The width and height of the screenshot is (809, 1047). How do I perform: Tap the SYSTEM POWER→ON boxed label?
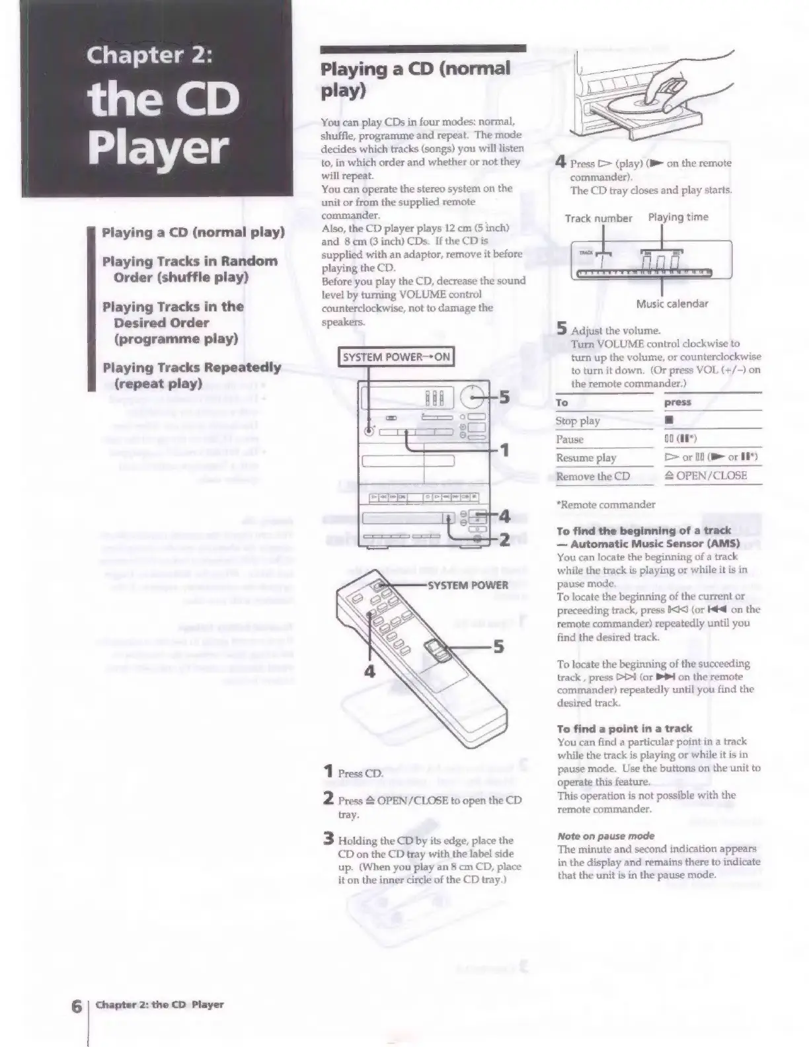[x=396, y=358]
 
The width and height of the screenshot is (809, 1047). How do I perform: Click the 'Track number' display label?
[x=598, y=219]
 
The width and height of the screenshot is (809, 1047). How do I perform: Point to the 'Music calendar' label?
[x=672, y=304]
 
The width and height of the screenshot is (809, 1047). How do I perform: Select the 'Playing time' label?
[x=677, y=217]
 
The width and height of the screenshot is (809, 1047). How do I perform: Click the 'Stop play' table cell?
[x=578, y=421]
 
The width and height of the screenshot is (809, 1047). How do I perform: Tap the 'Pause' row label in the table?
[x=570, y=440]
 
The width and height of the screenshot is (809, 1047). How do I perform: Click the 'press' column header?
[x=677, y=403]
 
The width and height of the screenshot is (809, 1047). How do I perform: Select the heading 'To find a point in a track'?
[x=624, y=728]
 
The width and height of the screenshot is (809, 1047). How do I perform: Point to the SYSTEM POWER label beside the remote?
[x=468, y=585]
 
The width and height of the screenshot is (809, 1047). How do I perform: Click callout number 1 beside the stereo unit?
[x=504, y=451]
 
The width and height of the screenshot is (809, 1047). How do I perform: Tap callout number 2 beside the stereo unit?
[x=503, y=540]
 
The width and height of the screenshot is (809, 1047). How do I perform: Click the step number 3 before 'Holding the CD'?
[x=328, y=840]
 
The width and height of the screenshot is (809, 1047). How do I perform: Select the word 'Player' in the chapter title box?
[x=159, y=149]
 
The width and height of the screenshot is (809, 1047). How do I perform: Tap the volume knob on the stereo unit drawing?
[x=472, y=397]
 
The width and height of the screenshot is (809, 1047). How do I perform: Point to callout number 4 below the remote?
[x=369, y=672]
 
